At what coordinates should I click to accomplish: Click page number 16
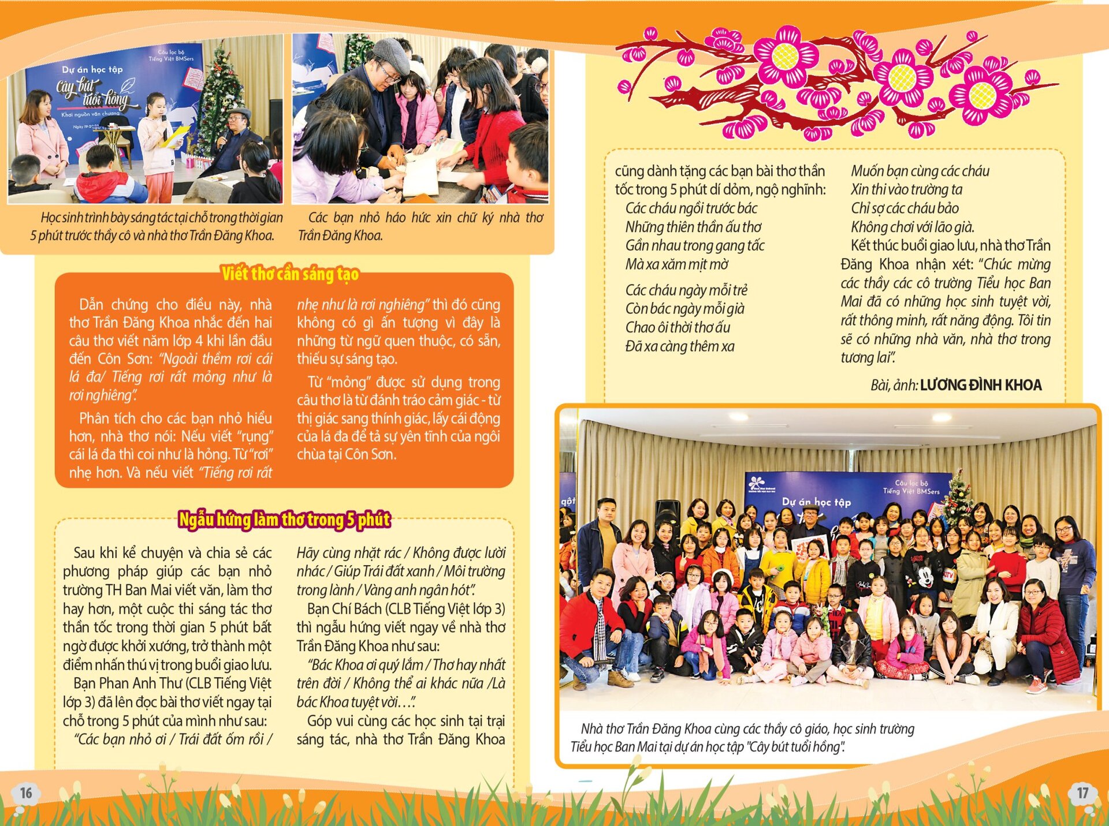point(26,793)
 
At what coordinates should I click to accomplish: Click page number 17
point(1082,793)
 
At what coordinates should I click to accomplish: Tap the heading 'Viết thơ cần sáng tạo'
point(290,274)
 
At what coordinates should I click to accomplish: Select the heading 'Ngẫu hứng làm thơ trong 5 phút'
point(284,519)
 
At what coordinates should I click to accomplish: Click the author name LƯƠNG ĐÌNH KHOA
point(980,385)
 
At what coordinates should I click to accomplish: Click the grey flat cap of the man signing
point(391,53)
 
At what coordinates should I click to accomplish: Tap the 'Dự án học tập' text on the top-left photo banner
point(92,69)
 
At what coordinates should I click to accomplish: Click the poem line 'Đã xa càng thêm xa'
point(679,346)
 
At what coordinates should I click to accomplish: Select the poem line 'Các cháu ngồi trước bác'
point(691,208)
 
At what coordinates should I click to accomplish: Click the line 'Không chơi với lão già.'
point(912,227)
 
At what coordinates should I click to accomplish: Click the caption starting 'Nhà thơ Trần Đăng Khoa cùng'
point(742,737)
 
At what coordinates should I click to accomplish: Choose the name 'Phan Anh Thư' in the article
point(140,683)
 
